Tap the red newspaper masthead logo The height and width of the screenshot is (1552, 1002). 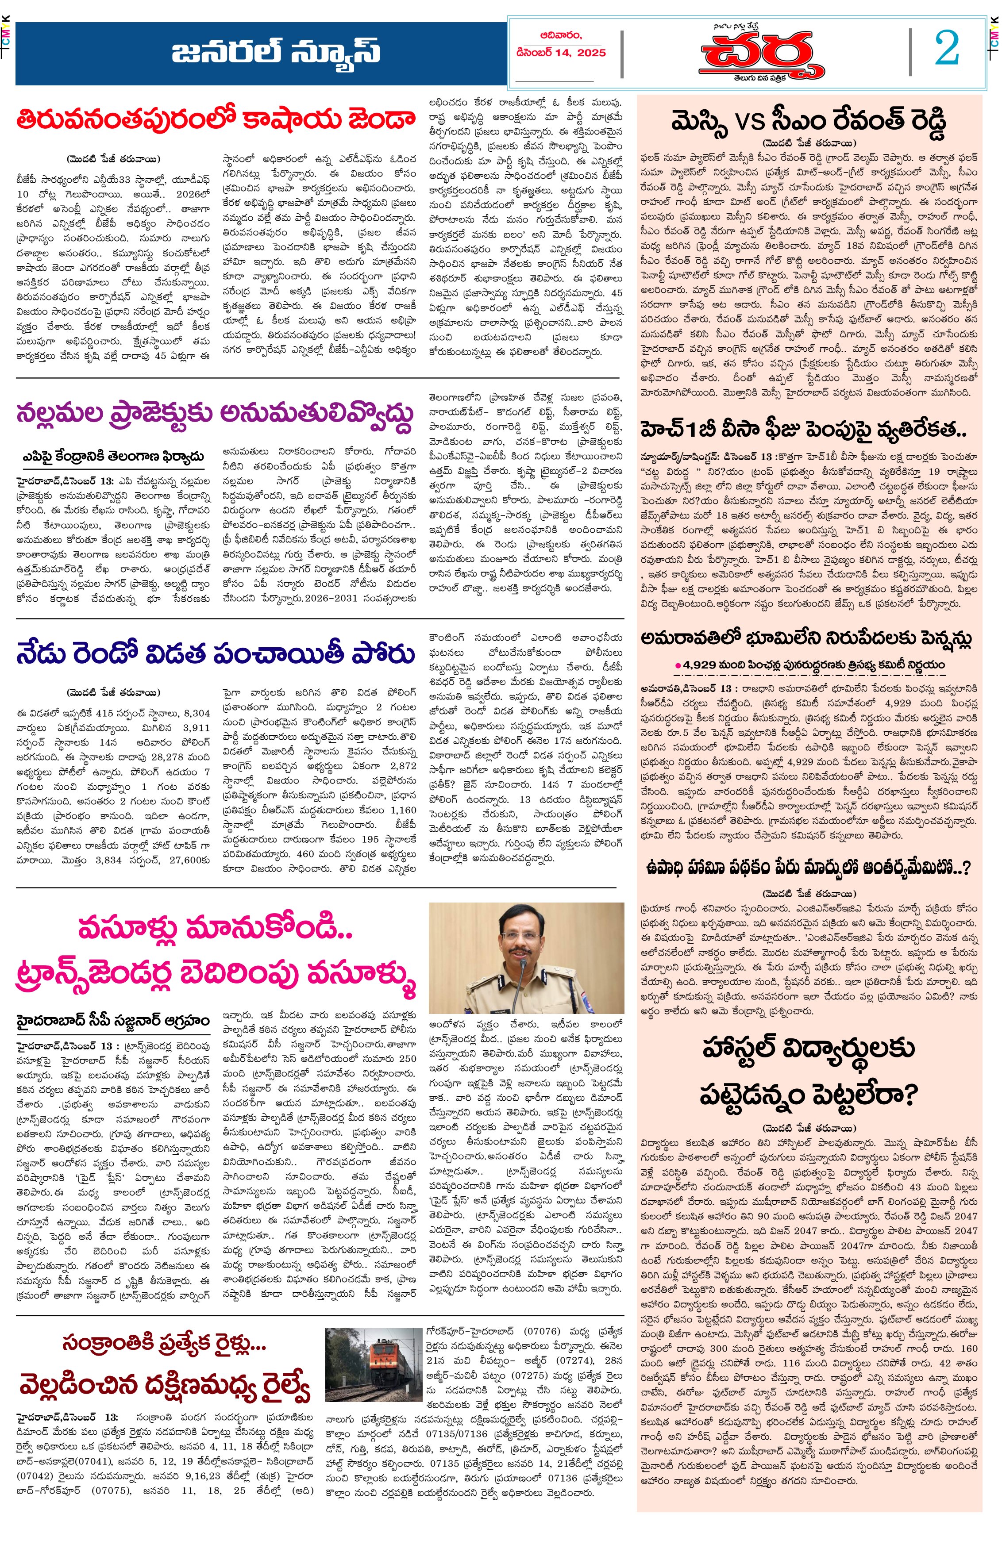coord(763,56)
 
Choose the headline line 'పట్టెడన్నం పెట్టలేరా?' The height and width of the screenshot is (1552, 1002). coord(808,1095)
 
